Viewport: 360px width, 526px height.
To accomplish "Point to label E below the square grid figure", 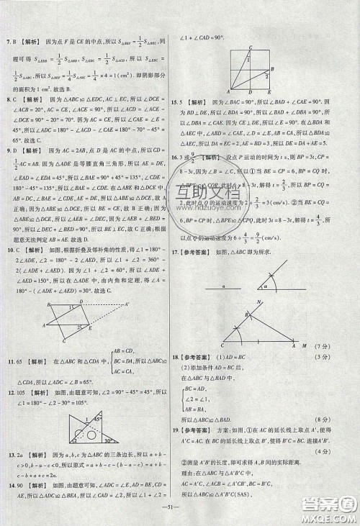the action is (x=269, y=92).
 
